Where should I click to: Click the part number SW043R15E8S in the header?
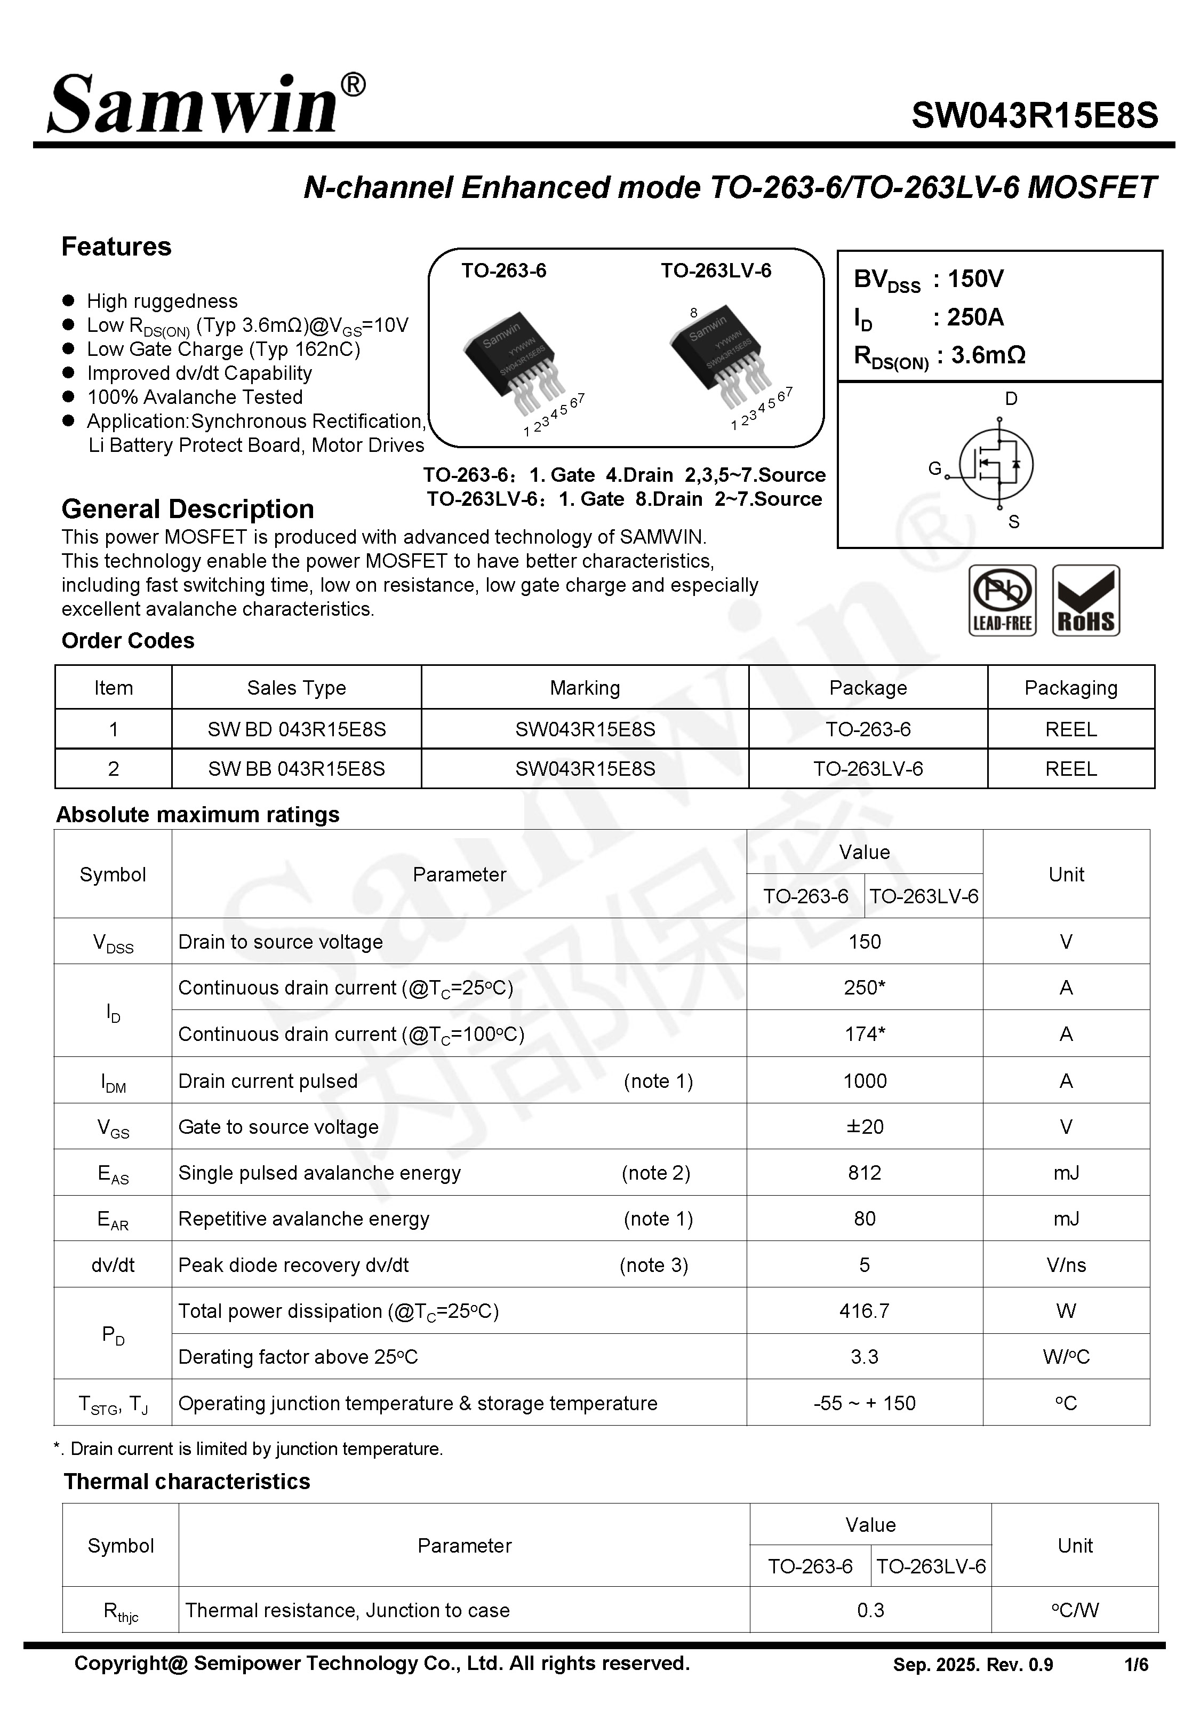click(x=1035, y=116)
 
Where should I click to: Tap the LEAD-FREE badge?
click(x=1002, y=601)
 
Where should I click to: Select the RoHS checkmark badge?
click(x=1086, y=601)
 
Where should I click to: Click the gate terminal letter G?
click(x=934, y=468)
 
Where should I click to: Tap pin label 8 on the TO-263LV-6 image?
click(x=693, y=313)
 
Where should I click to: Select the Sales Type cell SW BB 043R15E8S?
click(x=296, y=768)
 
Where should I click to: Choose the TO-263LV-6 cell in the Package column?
click(x=868, y=768)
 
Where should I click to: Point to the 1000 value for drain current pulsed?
click(x=865, y=1080)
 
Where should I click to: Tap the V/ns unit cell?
click(x=1066, y=1265)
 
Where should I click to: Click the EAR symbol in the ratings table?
click(x=113, y=1219)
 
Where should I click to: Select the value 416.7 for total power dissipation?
click(x=864, y=1311)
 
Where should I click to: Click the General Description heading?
click(x=187, y=509)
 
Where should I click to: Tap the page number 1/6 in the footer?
click(x=1136, y=1665)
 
